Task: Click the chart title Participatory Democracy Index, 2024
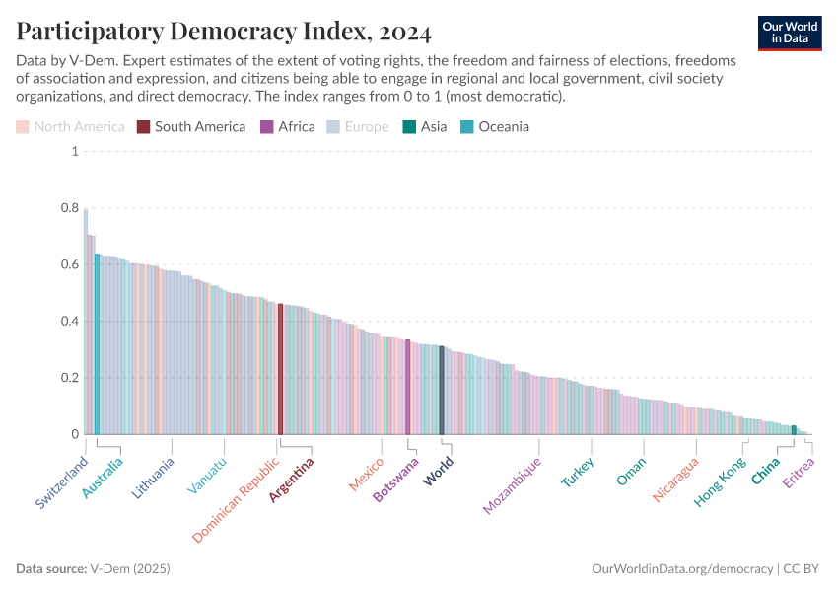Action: point(224,32)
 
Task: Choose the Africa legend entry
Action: point(287,126)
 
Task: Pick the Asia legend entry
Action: point(424,126)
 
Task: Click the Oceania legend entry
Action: point(495,126)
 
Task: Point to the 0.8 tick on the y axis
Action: point(69,208)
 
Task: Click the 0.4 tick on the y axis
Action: point(69,322)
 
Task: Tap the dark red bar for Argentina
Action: point(280,369)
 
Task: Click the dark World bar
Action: point(442,391)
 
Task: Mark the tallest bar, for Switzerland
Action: point(86,322)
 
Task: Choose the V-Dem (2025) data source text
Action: point(130,569)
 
